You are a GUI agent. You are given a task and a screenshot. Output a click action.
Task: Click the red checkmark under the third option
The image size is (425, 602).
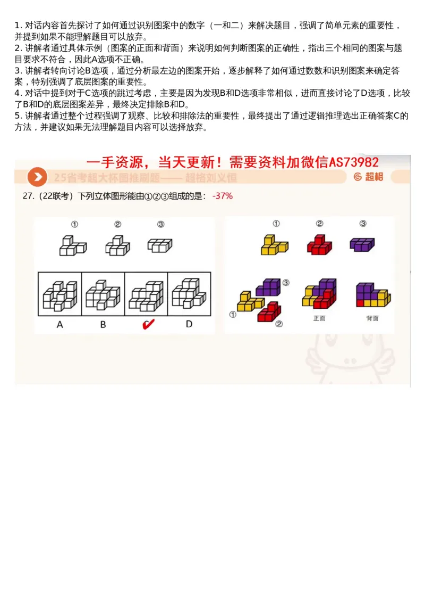coord(147,324)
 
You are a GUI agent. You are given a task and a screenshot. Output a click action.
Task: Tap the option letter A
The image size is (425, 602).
coord(59,324)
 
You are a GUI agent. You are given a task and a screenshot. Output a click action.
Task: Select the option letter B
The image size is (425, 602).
coord(103,324)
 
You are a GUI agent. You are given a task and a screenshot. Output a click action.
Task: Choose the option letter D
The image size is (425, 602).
coord(189,324)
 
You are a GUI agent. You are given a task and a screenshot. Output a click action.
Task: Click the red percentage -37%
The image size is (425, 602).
coord(222,196)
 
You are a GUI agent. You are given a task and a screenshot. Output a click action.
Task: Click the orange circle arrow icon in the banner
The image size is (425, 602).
coord(37,177)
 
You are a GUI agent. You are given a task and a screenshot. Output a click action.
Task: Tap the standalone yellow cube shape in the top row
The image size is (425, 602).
coord(274,244)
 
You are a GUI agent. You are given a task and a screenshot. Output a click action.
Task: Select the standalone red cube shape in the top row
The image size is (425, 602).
coord(319,244)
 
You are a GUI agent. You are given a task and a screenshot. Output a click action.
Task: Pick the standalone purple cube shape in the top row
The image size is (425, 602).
coord(362,244)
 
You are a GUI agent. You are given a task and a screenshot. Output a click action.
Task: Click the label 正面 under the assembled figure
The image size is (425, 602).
coord(319,318)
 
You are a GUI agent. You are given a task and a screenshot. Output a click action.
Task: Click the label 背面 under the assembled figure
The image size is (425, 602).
coord(372,318)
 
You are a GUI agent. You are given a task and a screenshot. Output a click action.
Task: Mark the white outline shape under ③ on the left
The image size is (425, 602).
coord(159,245)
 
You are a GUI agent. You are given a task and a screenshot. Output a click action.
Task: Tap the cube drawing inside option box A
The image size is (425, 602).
coord(59,295)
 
